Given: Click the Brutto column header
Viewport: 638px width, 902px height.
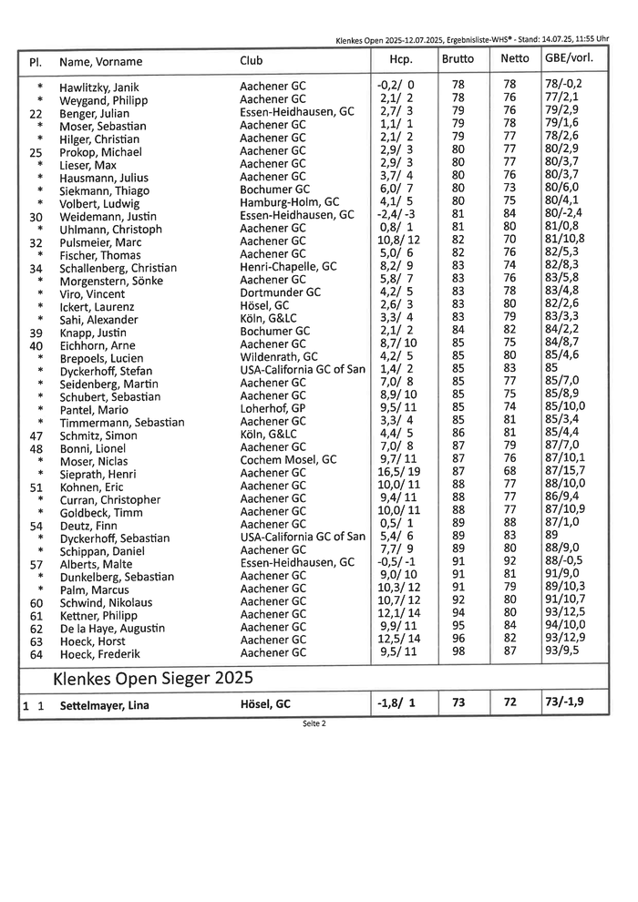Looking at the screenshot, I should [457, 59].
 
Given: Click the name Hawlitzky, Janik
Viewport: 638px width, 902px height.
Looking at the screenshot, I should [98, 86].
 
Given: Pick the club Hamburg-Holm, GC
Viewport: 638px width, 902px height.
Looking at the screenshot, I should [289, 202].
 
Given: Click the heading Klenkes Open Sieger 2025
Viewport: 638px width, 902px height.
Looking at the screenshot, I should [153, 679].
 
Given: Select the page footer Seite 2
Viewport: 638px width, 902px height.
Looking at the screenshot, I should [314, 723].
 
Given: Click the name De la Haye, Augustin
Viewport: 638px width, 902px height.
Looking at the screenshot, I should [112, 629].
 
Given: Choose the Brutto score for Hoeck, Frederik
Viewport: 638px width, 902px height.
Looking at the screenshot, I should [458, 653].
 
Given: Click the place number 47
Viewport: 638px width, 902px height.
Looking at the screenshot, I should [36, 436].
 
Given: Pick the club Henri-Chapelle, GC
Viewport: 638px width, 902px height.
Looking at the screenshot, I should [287, 267].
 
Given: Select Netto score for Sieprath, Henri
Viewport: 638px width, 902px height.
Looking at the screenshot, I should [509, 474].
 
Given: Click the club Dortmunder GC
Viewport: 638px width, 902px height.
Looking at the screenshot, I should [280, 293].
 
